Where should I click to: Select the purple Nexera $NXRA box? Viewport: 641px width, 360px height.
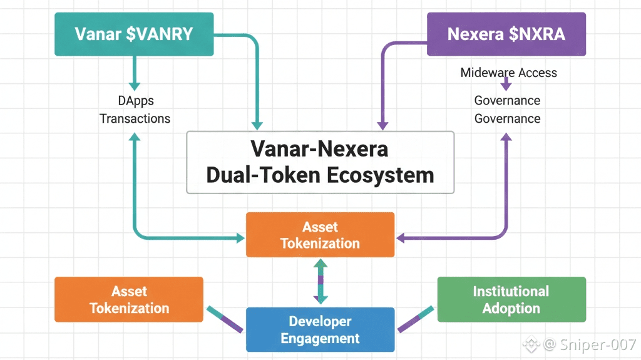click(506, 34)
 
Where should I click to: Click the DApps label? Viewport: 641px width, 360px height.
click(135, 100)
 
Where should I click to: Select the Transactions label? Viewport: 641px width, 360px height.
click(135, 118)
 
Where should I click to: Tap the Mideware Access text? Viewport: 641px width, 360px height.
click(508, 73)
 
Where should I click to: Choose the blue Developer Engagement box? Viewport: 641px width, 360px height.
click(320, 329)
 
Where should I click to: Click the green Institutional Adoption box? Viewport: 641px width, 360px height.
click(511, 299)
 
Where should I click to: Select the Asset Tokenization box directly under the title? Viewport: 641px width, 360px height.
click(320, 235)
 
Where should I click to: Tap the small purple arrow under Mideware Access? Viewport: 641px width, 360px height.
click(506, 85)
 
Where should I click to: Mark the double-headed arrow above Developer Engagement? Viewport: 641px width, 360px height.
click(320, 282)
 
